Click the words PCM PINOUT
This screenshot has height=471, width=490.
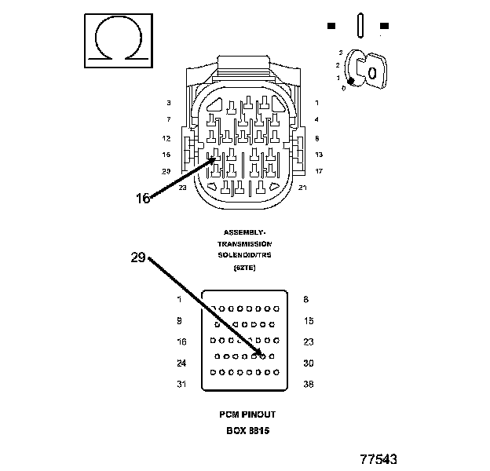247,414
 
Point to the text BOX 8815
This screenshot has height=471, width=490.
247,430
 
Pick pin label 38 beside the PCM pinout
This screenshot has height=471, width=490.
309,384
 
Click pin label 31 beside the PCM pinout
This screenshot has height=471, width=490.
181,384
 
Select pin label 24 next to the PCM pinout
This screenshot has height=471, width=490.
181,363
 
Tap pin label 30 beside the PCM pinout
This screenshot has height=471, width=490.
309,363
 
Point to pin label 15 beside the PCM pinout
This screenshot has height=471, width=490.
309,320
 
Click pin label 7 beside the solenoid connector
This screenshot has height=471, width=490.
168,119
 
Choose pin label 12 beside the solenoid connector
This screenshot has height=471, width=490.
166,138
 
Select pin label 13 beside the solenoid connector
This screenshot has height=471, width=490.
319,155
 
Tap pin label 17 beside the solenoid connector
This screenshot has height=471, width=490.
319,171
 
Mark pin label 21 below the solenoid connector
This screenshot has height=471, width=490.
302,188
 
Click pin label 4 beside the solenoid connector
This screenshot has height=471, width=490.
316,119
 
